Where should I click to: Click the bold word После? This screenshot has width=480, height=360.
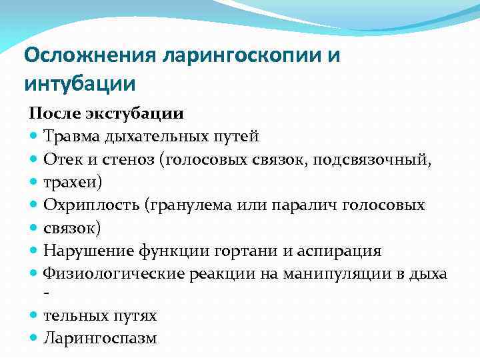(53, 113)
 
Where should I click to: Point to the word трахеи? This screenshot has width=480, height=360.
(72, 182)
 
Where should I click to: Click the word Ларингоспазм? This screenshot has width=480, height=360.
(100, 338)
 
